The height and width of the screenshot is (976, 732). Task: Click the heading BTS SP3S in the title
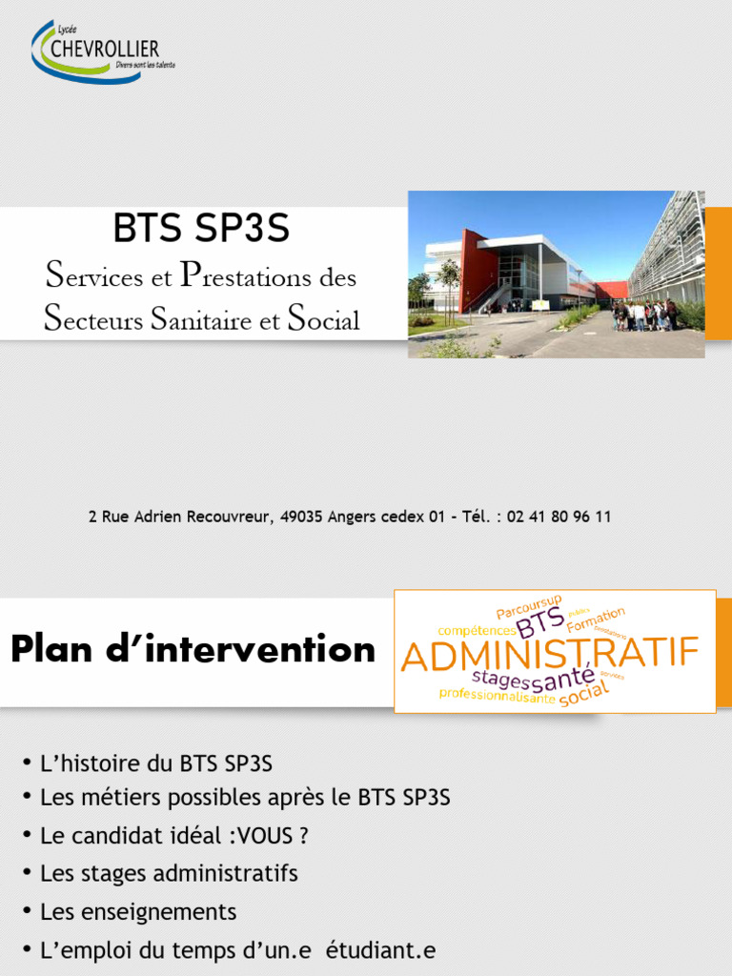(201, 229)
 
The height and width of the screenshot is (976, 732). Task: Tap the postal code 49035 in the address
(300, 517)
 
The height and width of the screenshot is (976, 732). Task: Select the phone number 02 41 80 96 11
(559, 517)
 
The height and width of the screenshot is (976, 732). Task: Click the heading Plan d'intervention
(193, 650)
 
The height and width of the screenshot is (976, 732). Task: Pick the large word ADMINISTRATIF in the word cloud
(550, 656)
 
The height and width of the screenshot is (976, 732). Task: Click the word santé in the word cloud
(562, 680)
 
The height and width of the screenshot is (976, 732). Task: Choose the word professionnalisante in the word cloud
(497, 696)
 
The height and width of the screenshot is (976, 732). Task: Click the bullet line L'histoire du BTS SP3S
(156, 763)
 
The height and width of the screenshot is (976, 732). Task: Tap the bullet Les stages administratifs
(169, 873)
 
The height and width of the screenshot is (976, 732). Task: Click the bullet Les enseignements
(138, 911)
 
